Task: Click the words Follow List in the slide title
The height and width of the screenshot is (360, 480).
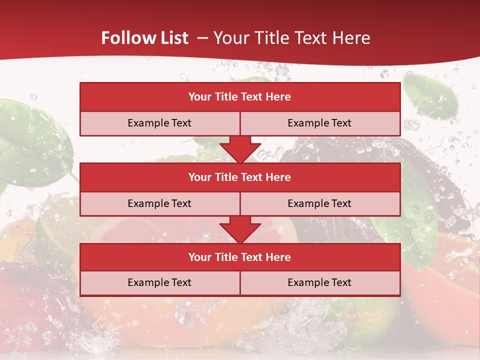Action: click(x=145, y=38)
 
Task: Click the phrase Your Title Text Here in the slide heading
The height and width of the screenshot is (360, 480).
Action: click(x=292, y=38)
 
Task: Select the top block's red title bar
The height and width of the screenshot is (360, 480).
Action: click(x=240, y=97)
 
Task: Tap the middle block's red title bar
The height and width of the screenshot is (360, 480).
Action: click(x=240, y=177)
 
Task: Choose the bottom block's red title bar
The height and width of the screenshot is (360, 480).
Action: click(x=240, y=257)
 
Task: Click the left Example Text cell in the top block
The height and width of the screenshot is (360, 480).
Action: click(x=159, y=123)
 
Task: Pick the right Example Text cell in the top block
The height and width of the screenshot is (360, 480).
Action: click(x=319, y=123)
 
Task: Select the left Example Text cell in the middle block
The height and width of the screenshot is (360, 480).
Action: click(x=159, y=203)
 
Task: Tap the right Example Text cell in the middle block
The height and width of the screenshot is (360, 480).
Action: click(x=319, y=203)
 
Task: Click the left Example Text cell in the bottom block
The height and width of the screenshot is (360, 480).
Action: click(x=159, y=282)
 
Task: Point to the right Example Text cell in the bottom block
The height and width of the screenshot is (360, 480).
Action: click(x=319, y=282)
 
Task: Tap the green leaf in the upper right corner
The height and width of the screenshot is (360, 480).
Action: click(x=430, y=97)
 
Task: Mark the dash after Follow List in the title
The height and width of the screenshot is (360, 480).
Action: click(x=202, y=38)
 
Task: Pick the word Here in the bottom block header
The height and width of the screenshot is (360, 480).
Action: click(x=278, y=257)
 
